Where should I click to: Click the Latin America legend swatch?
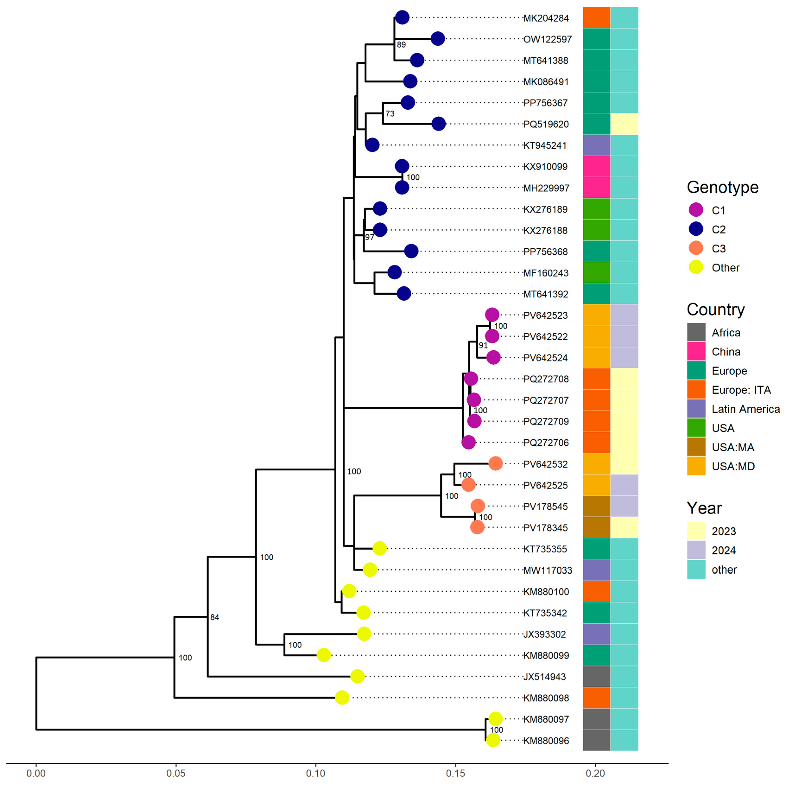(696, 409)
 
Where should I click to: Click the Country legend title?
(716, 309)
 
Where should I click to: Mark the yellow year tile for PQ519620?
(624, 124)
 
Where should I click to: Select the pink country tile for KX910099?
(597, 166)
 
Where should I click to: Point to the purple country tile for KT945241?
(597, 145)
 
